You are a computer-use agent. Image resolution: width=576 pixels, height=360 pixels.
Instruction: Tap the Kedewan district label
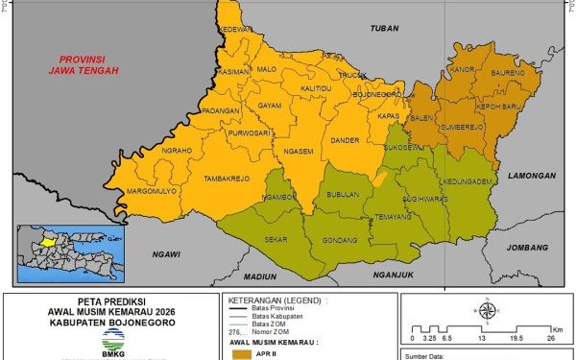(235, 30)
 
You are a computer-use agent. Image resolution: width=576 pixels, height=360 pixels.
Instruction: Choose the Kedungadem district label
(467, 180)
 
